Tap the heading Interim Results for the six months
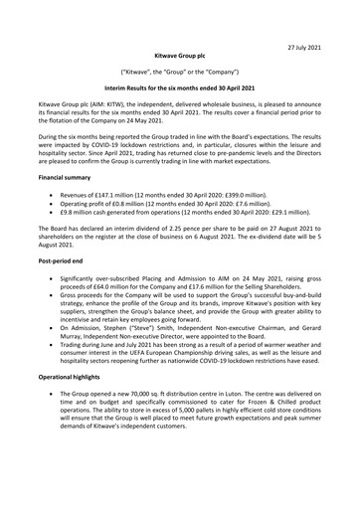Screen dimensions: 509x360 click(x=179, y=89)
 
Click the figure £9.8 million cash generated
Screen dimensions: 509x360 click(x=96, y=216)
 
